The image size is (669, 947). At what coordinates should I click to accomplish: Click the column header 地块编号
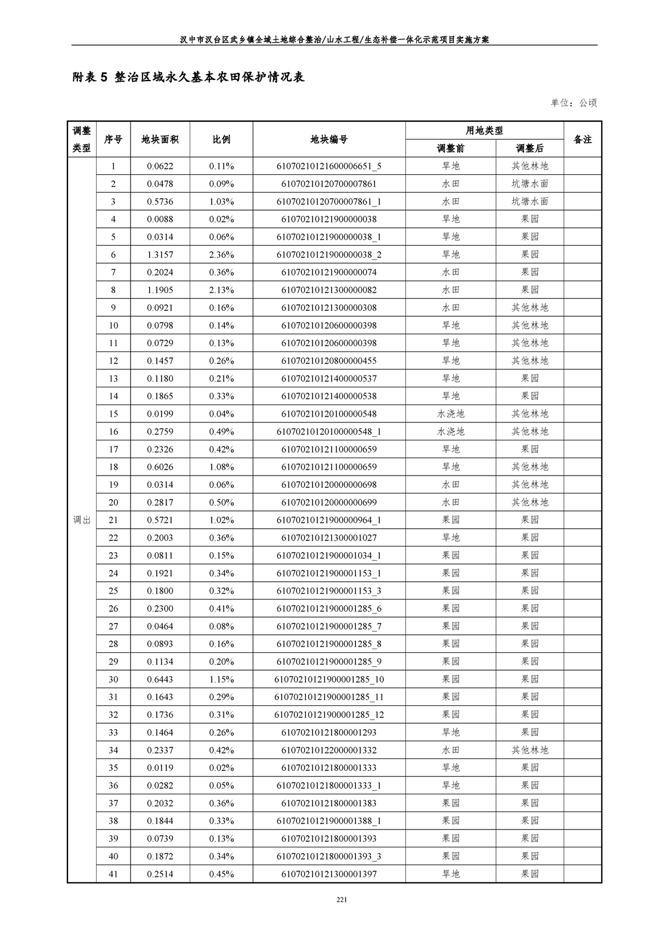(329, 140)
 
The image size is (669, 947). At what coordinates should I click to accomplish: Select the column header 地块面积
(160, 140)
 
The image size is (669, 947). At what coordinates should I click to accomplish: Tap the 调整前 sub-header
(450, 149)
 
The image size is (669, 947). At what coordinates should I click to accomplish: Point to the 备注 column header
(582, 140)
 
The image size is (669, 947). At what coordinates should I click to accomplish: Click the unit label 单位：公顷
(574, 103)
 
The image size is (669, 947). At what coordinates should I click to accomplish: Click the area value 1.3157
(160, 255)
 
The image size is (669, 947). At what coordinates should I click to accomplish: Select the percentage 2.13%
(221, 290)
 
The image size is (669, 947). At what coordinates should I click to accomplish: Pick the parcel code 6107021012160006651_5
(329, 166)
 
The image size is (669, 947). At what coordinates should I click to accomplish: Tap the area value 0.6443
(160, 680)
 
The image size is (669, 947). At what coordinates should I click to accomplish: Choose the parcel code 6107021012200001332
(329, 750)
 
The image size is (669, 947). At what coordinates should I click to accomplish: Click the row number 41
(113, 874)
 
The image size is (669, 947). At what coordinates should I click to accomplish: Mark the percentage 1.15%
(221, 680)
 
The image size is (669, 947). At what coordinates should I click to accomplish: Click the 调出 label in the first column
(82, 520)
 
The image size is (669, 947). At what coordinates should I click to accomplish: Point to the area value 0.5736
(160, 202)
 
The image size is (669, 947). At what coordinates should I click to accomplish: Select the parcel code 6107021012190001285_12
(329, 715)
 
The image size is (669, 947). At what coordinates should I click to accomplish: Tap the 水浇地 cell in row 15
(450, 414)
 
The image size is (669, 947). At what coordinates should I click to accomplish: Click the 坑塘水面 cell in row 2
(529, 184)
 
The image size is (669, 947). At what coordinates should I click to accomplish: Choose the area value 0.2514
(160, 874)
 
